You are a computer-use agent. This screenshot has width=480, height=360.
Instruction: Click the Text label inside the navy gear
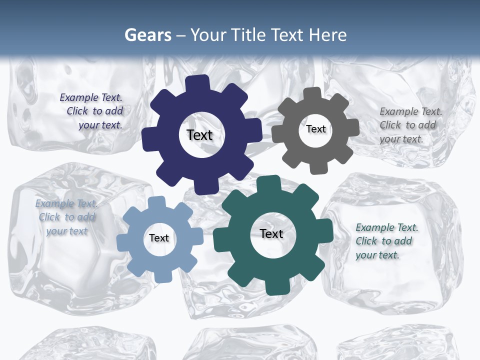199,135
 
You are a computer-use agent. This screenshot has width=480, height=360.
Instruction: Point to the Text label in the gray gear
316,129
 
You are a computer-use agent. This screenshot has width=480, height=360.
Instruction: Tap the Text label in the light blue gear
159,238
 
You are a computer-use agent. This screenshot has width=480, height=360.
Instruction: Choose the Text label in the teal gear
271,233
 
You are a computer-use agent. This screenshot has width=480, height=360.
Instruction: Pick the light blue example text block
66,217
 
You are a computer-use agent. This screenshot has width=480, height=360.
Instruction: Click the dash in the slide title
181,35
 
